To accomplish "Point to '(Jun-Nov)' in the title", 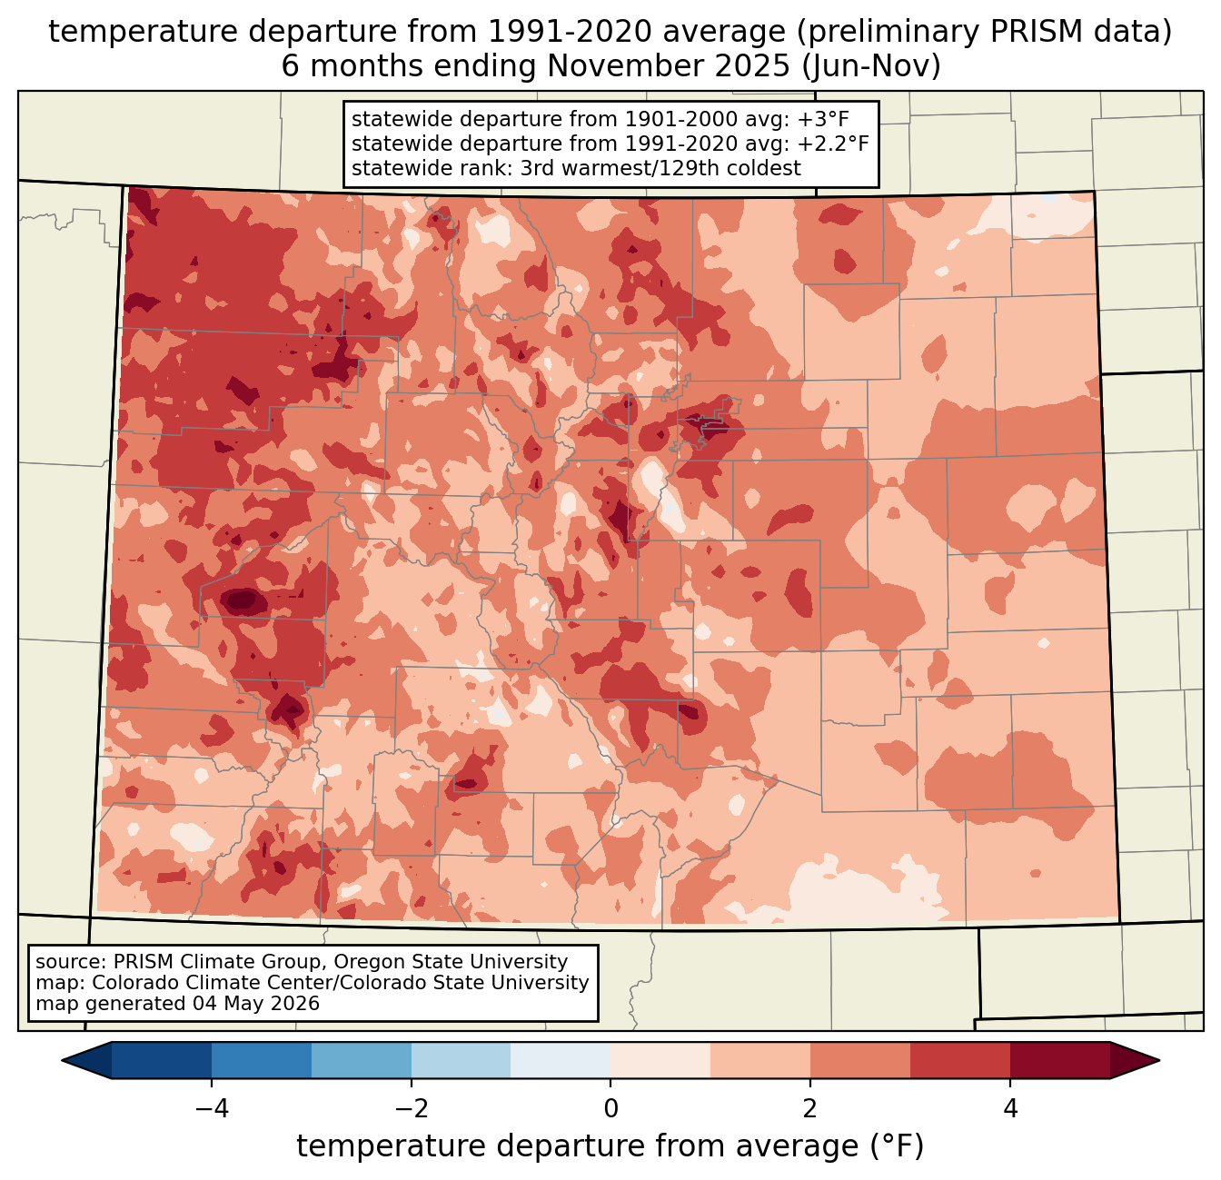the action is click(871, 66).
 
